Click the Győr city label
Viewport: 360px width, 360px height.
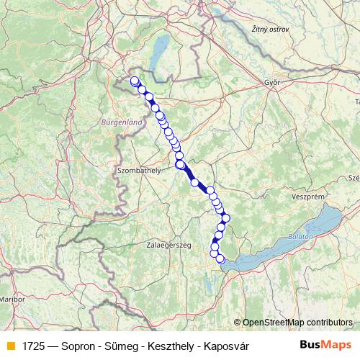coord(271,82)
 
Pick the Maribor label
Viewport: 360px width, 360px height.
coord(12,297)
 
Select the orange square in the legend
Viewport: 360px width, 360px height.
coord(10,346)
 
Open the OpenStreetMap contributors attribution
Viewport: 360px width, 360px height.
coord(297,322)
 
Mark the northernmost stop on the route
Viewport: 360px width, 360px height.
coord(134,80)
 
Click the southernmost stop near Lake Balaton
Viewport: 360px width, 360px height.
coord(220,259)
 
